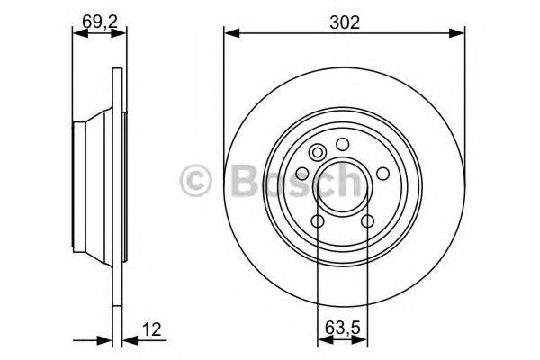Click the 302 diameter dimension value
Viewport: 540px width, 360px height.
click(345, 22)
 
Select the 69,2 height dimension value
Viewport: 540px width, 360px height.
click(100, 22)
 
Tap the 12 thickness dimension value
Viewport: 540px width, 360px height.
click(152, 329)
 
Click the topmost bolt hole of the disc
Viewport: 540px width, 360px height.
click(343, 144)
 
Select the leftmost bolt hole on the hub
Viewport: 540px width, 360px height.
click(302, 174)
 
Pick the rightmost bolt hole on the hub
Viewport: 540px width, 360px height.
click(383, 174)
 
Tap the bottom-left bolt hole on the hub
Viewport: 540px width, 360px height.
click(318, 221)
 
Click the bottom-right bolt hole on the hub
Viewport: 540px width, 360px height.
click(368, 221)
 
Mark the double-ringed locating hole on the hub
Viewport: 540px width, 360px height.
click(317, 152)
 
